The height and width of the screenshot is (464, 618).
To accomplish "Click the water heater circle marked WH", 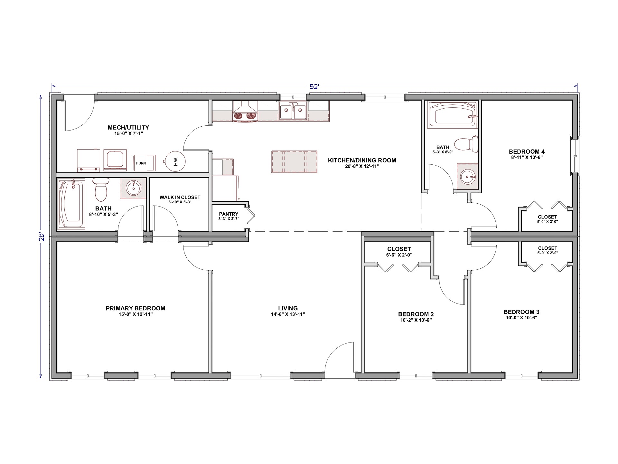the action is [175, 161].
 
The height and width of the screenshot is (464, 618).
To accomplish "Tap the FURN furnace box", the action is [145, 163].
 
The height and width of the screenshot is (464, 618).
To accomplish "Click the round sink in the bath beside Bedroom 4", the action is [467, 176].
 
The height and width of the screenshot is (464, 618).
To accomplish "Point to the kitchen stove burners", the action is [245, 116].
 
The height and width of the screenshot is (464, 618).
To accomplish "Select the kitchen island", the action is [294, 162].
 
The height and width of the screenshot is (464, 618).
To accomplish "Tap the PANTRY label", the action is [229, 214].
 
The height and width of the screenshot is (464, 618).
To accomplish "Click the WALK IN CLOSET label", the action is [180, 197].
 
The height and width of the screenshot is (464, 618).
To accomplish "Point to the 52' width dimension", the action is [314, 86].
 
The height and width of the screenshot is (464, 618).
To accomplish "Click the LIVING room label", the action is [288, 308].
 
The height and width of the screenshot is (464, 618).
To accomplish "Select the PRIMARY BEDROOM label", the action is [136, 308].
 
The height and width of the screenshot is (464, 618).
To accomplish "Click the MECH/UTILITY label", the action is [128, 128].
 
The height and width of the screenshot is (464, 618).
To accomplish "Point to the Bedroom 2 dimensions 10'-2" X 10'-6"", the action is [416, 320].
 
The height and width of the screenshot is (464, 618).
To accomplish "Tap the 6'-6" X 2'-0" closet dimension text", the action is [399, 255].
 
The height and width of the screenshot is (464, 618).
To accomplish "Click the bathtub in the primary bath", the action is [72, 205].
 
